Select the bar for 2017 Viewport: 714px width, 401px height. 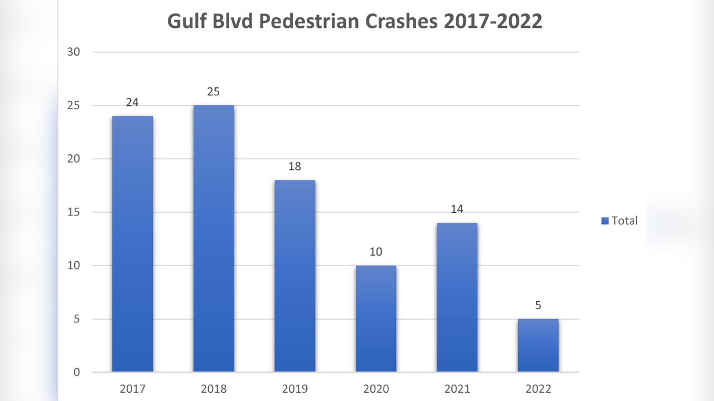132,243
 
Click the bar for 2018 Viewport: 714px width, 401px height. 214,238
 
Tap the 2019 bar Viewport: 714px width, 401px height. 295,276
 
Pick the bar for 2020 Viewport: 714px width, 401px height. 376,319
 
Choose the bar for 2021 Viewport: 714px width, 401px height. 457,297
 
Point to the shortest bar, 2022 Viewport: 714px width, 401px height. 538,345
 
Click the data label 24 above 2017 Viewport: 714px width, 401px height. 132,102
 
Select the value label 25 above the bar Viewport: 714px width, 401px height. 214,92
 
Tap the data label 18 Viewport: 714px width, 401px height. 295,167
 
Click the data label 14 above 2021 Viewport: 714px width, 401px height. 457,209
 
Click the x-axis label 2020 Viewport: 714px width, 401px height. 376,389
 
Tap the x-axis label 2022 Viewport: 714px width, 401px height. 538,389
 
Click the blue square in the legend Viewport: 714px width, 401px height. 605,221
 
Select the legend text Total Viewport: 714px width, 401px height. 624,221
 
